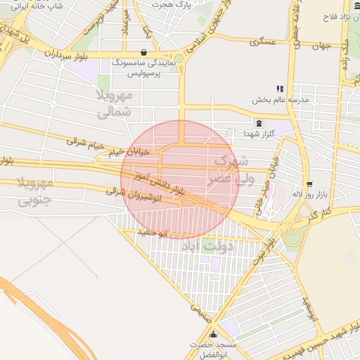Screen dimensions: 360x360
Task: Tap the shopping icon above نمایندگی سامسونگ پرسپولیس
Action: pyautogui.click(x=144, y=51)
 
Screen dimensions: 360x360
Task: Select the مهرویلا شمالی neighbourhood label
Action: pyautogui.click(x=112, y=102)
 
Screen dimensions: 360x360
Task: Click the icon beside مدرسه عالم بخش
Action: pyautogui.click(x=280, y=89)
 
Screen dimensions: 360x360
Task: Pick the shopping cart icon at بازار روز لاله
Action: pyautogui.click(x=309, y=184)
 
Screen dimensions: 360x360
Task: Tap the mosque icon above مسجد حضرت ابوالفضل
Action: pyautogui.click(x=194, y=345)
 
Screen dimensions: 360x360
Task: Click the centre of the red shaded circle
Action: pyautogui.click(x=176, y=179)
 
